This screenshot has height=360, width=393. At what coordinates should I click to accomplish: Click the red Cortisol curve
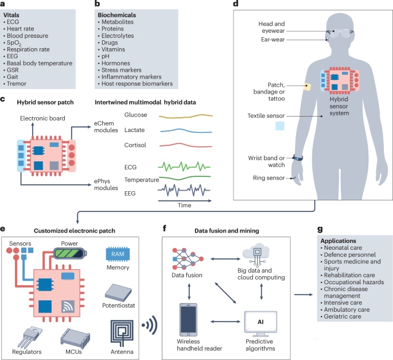point(184,145)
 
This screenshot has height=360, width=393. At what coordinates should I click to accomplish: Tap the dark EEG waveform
point(184,189)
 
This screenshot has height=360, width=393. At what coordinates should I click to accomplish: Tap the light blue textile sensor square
point(280,125)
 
